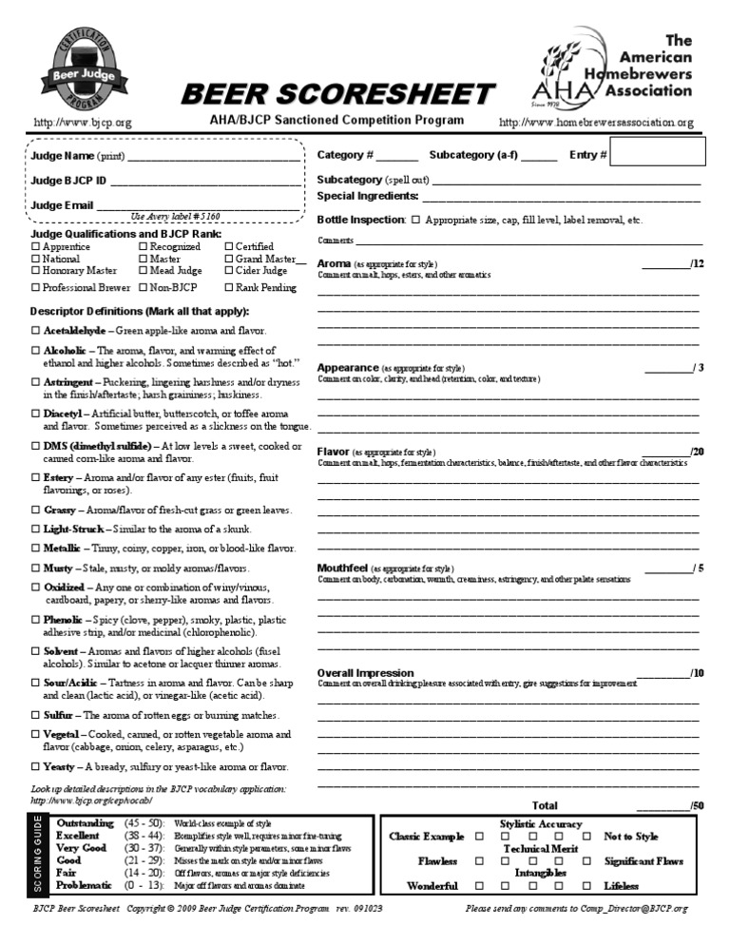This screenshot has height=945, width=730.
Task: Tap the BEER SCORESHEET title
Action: (338, 94)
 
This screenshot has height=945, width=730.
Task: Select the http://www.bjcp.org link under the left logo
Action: (83, 123)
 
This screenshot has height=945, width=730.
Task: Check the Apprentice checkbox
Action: (36, 247)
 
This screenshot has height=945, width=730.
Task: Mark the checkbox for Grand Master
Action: (229, 259)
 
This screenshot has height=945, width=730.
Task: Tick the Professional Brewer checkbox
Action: (36, 287)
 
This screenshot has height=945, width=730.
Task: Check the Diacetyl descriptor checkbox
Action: (36, 414)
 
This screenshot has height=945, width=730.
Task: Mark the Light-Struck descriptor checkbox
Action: (36, 529)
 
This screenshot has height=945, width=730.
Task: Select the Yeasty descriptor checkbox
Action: (36, 767)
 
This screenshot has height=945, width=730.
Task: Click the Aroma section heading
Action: (333, 263)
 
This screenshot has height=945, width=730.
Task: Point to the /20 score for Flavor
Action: (697, 452)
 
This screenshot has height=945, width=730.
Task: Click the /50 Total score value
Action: (697, 805)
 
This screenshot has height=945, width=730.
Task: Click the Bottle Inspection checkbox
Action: (415, 220)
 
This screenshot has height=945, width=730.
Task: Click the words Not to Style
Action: (631, 837)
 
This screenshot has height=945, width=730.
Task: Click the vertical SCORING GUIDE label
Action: (38, 856)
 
